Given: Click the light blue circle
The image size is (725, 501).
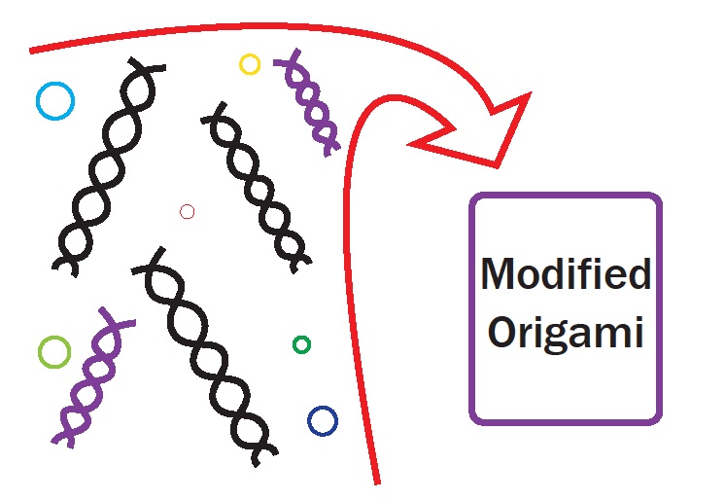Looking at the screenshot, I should coord(54,100).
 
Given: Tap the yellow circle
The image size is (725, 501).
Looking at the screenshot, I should coord(250,64).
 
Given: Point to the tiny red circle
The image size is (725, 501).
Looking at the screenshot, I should coord(188,211).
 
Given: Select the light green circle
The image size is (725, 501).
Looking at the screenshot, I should coord(54,352).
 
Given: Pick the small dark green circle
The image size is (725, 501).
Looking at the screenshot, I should coord(301,344).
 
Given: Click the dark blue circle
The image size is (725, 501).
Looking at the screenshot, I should coord(322,421).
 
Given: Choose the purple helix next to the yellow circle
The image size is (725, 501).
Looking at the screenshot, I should coord(308,101).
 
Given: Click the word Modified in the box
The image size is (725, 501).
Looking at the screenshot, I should coord(566,275).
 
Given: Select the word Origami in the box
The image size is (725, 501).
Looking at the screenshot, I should coord(566,332).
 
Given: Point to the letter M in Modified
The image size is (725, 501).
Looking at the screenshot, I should coord(500,275).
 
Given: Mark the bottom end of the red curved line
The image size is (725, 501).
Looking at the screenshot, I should coord(375,481).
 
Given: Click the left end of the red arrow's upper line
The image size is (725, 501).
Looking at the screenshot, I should coord(33,48).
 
